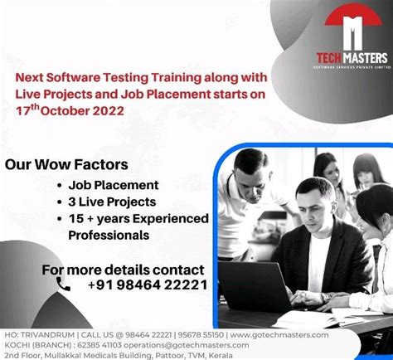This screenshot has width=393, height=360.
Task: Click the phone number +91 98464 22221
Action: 147,285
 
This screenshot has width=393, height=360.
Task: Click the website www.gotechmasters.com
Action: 279,334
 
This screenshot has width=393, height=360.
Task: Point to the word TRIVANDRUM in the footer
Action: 48,334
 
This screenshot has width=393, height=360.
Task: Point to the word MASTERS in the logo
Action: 366,57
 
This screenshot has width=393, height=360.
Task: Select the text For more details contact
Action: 123,270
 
